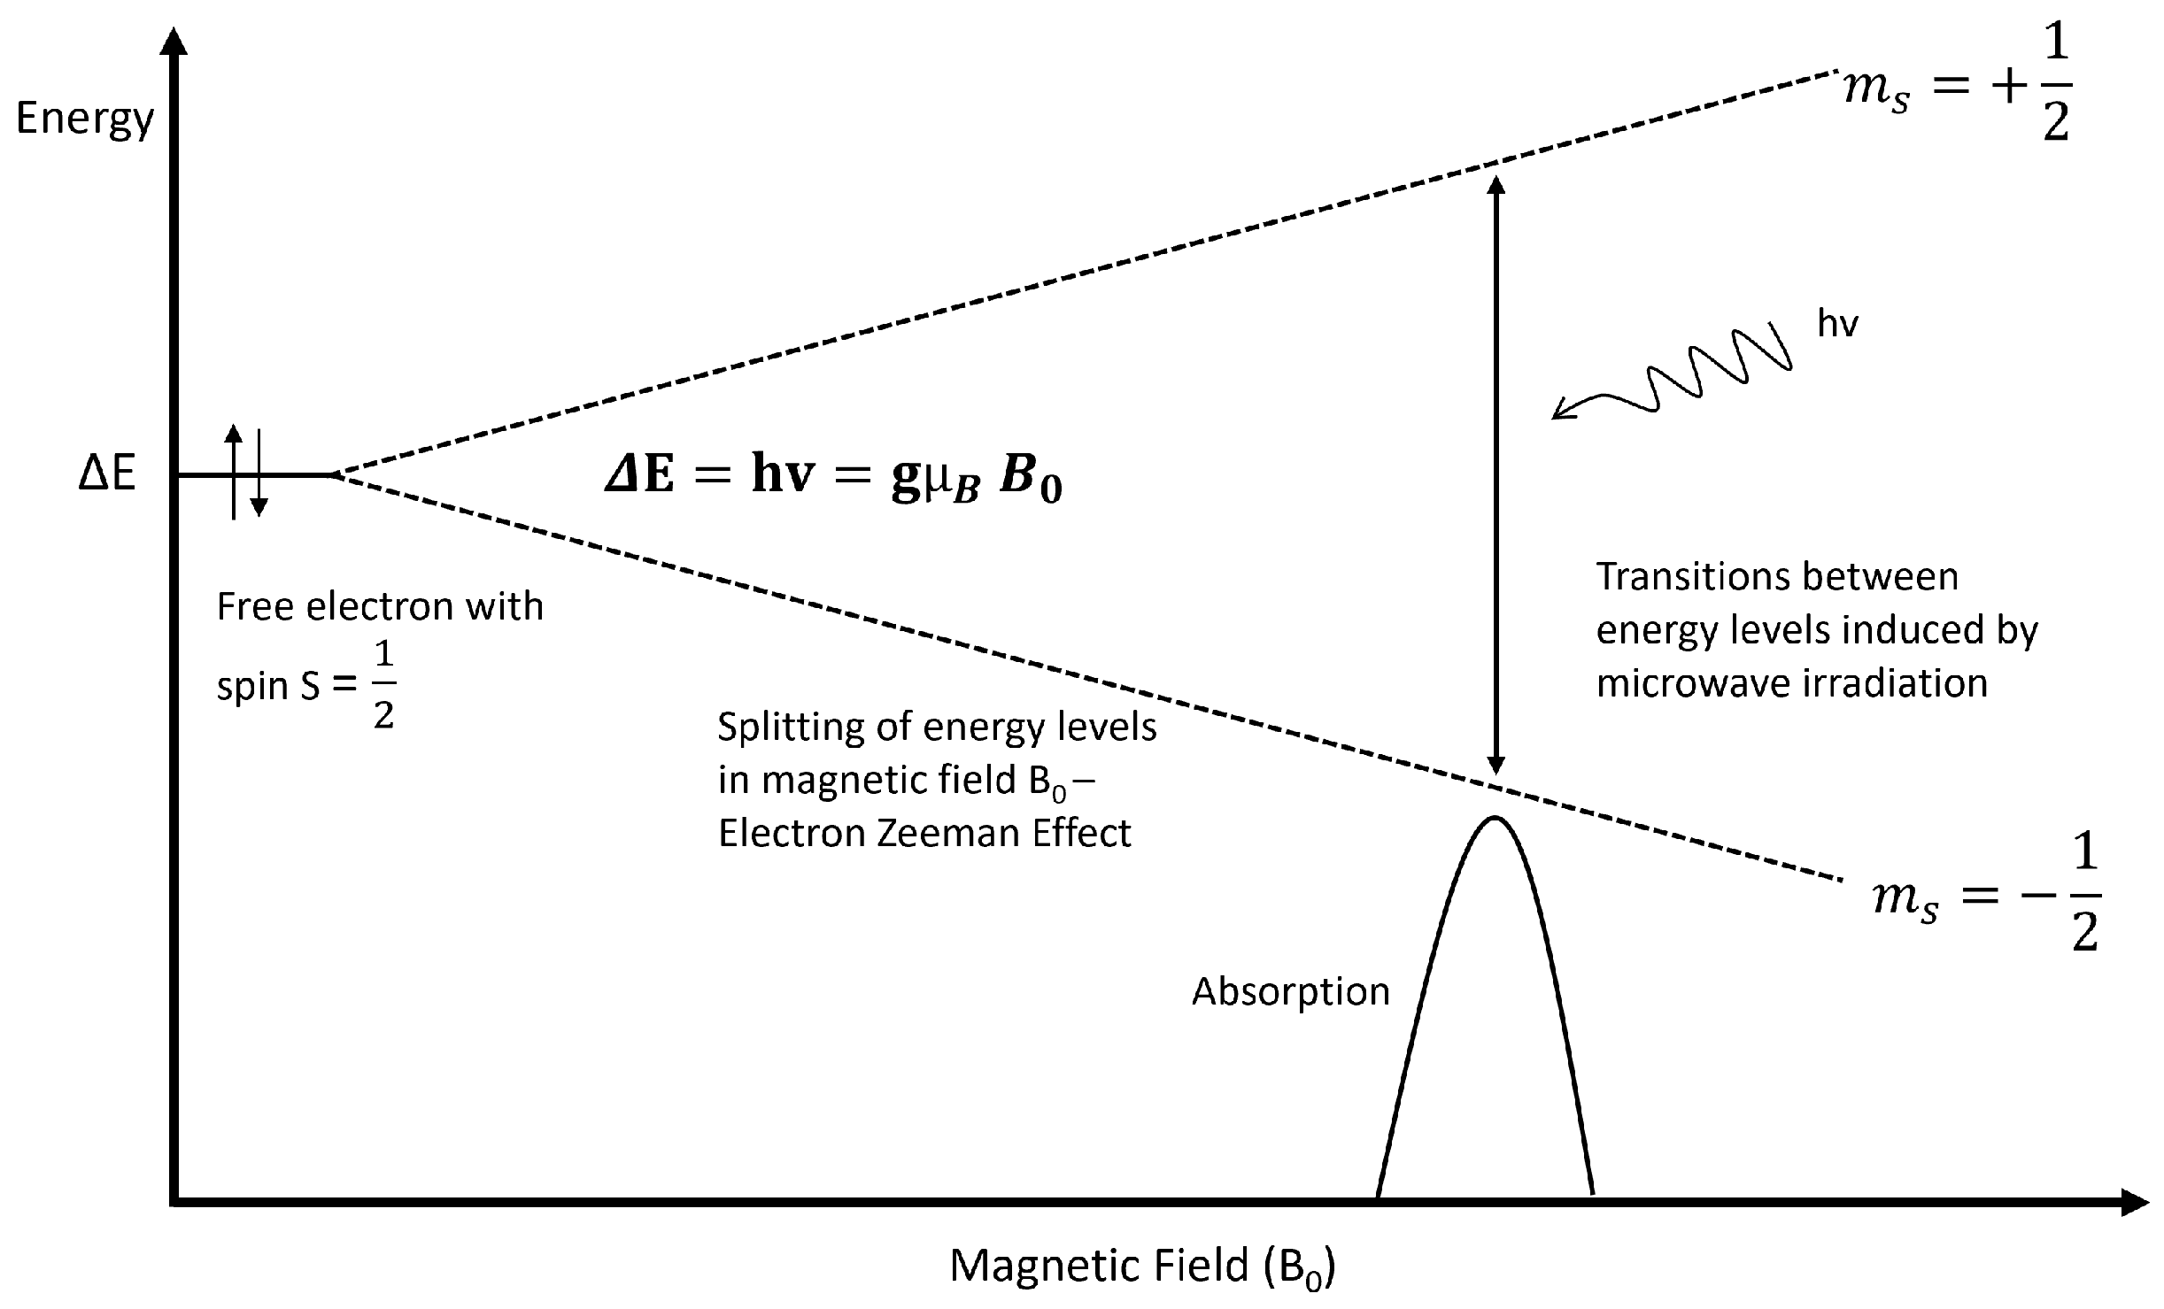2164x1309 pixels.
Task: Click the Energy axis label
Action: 85,119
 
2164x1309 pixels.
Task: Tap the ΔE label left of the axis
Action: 107,475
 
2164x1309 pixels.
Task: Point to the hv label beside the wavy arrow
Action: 1837,325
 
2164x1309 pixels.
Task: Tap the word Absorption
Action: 1290,991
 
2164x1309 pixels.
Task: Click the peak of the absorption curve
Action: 1495,819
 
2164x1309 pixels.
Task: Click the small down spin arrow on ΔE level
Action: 259,506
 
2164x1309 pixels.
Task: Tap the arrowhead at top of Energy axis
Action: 177,42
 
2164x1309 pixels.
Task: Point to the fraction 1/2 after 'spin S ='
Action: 383,686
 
